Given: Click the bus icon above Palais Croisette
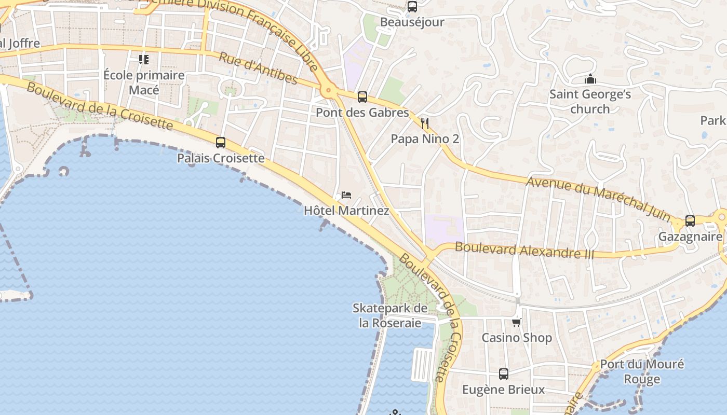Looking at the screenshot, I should [x=221, y=143].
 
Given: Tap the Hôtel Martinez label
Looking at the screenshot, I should [x=346, y=211].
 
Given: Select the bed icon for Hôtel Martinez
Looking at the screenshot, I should [x=346, y=196].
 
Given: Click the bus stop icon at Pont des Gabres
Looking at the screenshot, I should [x=362, y=97].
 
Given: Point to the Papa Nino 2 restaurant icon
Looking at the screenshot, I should [x=425, y=123].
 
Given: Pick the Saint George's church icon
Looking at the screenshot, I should [x=590, y=79].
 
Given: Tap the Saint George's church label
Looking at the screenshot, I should [x=590, y=102].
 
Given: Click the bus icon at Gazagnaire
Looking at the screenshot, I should [x=690, y=221].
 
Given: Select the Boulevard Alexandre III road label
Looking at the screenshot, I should [x=524, y=250].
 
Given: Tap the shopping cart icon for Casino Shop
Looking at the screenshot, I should [x=516, y=322].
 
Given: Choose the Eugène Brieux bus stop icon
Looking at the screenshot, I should [x=504, y=374].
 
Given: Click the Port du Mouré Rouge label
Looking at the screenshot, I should [x=642, y=371].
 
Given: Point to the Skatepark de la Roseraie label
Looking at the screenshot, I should [x=391, y=315].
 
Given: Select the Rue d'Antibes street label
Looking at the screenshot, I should [x=258, y=68].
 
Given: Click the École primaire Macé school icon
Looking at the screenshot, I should [x=144, y=60].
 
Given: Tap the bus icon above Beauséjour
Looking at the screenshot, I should [x=412, y=7].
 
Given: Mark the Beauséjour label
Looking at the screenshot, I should [x=412, y=22].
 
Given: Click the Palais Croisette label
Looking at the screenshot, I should [x=221, y=158].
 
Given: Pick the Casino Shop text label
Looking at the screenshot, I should [x=517, y=338].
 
